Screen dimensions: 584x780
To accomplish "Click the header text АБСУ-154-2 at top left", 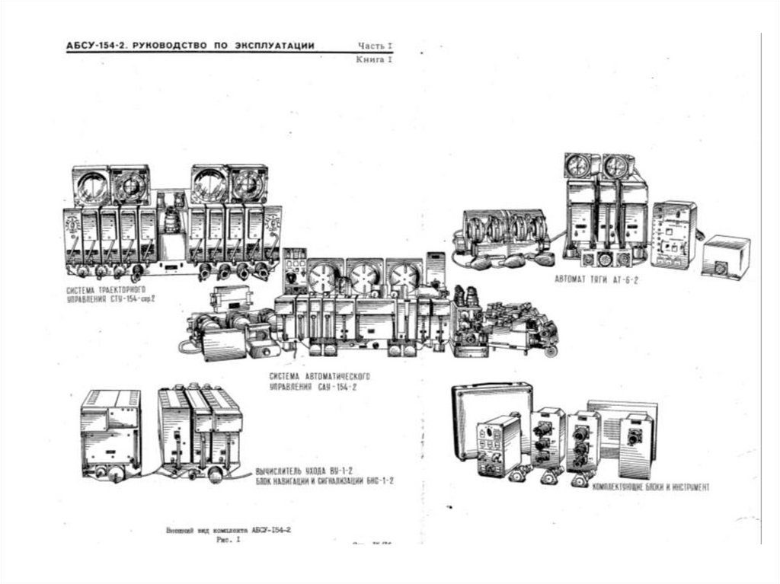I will click(x=96, y=46).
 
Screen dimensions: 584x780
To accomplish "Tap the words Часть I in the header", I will click(x=374, y=46).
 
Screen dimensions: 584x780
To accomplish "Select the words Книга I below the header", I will click(x=374, y=59).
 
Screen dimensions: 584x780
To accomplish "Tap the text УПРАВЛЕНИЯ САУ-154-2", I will click(x=313, y=388).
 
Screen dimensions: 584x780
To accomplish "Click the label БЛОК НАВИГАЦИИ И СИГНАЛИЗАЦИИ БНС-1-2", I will click(x=324, y=482).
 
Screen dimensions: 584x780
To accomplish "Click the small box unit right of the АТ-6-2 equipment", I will click(x=725, y=257).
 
